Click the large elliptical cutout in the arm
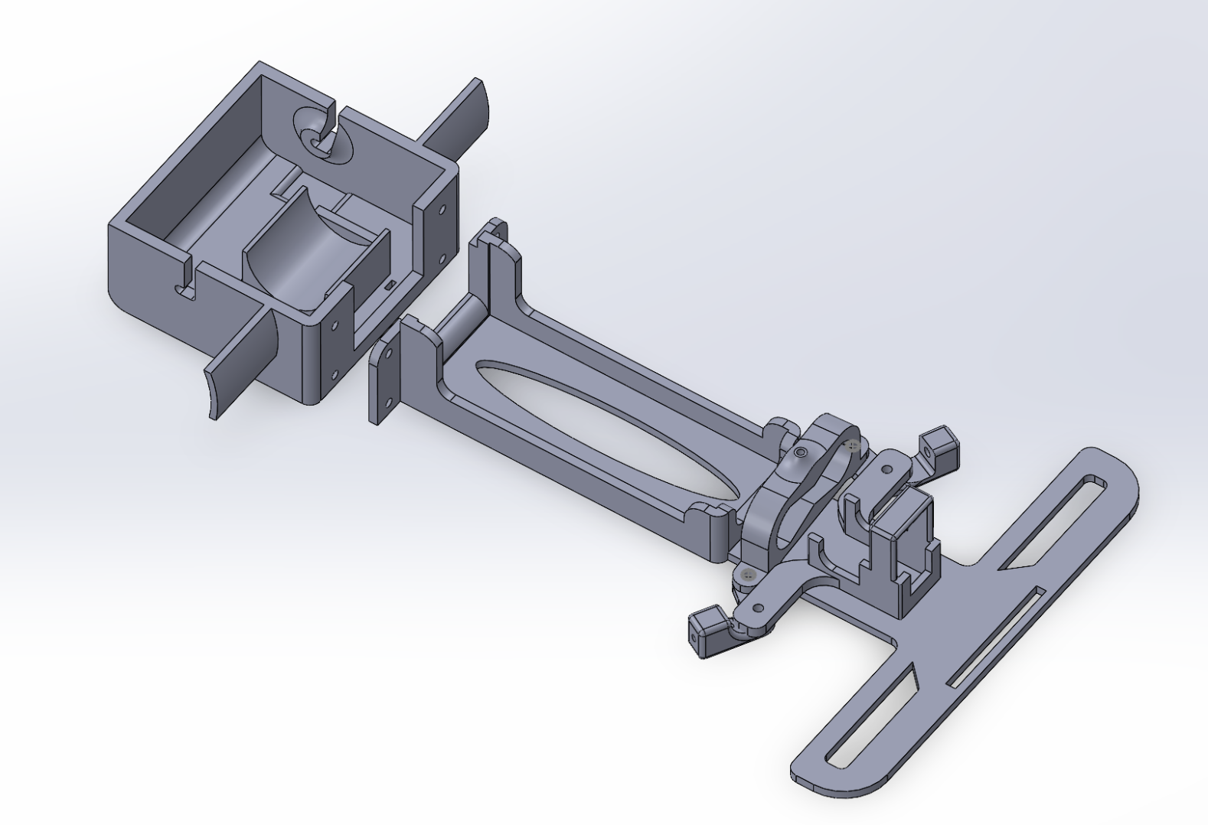[605, 429]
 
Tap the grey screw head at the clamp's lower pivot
[748, 573]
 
